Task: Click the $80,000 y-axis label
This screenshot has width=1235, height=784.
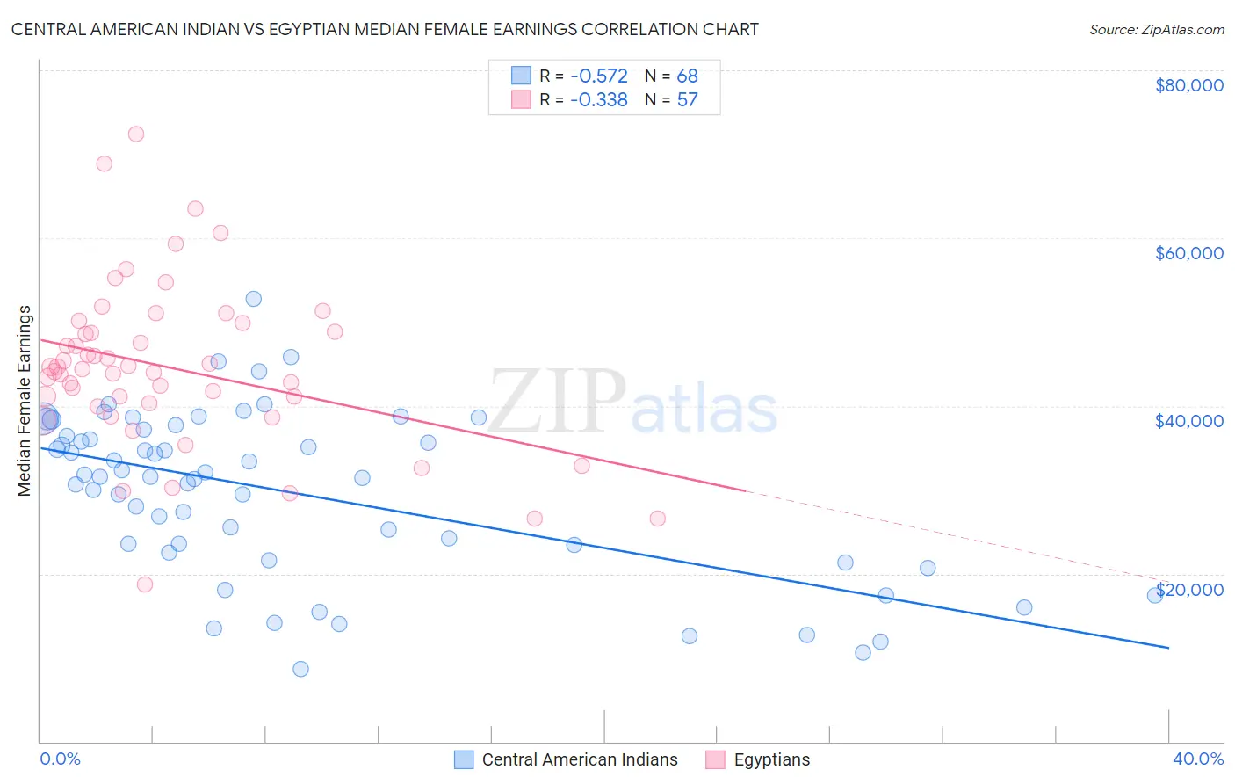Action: click(1188, 85)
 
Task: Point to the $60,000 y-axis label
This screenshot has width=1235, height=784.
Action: click(1188, 253)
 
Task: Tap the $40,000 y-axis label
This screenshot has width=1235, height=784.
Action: click(1188, 421)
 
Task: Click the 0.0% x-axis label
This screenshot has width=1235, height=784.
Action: click(60, 759)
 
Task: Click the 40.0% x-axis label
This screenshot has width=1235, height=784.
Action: click(1197, 759)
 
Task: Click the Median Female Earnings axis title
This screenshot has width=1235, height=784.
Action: click(25, 401)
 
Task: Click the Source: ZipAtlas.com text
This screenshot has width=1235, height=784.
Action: click(1156, 29)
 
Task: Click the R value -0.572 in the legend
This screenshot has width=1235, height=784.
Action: click(598, 76)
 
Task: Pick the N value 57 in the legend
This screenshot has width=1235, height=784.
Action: click(687, 99)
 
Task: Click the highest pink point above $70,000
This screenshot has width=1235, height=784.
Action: click(136, 134)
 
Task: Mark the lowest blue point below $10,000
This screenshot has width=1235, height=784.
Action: click(300, 669)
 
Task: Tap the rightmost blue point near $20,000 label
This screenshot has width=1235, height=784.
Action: click(1155, 595)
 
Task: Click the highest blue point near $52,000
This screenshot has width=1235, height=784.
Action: click(253, 299)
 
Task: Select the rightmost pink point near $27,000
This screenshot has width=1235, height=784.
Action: click(657, 519)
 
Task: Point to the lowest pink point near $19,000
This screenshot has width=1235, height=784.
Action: click(145, 584)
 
